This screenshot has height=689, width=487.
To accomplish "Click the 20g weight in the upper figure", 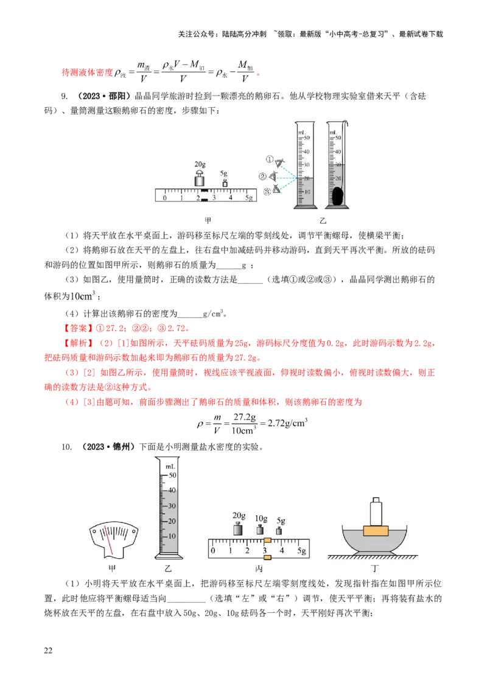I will (x=200, y=180).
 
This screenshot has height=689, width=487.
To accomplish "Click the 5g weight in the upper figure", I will (x=225, y=183).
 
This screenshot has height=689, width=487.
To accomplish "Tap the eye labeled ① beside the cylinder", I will (x=279, y=163).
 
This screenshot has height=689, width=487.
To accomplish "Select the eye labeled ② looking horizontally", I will (x=274, y=177).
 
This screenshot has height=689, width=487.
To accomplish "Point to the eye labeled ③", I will (x=276, y=189).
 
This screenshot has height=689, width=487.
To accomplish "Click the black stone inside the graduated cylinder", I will (x=337, y=196).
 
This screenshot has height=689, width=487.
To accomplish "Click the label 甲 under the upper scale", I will (x=208, y=222).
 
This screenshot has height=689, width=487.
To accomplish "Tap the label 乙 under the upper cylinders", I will (x=323, y=222).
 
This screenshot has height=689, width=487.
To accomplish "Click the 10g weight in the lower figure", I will (x=260, y=530).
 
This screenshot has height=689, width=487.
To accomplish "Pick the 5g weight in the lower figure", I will (x=279, y=531).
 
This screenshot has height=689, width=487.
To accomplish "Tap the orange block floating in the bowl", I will (x=376, y=530).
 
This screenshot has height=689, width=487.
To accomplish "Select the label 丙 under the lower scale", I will (x=259, y=568).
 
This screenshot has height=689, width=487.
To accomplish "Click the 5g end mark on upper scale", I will (x=248, y=198).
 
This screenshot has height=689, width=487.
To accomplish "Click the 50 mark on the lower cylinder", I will (x=172, y=475).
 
